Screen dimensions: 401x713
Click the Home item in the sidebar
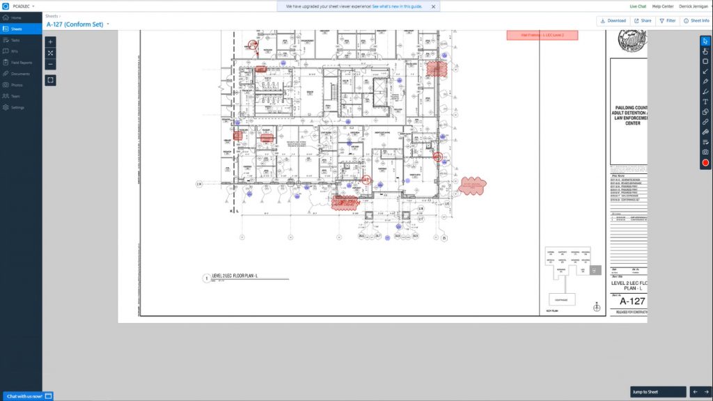(16, 17)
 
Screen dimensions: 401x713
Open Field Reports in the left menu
(21, 63)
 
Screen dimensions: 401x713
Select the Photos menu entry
(17, 85)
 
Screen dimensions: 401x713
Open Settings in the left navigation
(17, 107)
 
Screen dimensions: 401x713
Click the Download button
(613, 21)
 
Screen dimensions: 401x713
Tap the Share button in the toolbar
(643, 21)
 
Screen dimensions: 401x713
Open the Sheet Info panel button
(696, 21)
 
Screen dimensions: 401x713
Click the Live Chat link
(638, 6)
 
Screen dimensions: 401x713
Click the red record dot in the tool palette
(705, 163)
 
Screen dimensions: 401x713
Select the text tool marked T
(705, 102)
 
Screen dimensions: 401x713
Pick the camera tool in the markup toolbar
(705, 152)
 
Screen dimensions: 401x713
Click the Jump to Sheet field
(658, 392)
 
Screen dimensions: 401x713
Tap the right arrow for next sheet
(706, 392)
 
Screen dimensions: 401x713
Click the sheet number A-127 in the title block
(632, 301)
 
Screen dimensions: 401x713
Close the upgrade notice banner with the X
(433, 6)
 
